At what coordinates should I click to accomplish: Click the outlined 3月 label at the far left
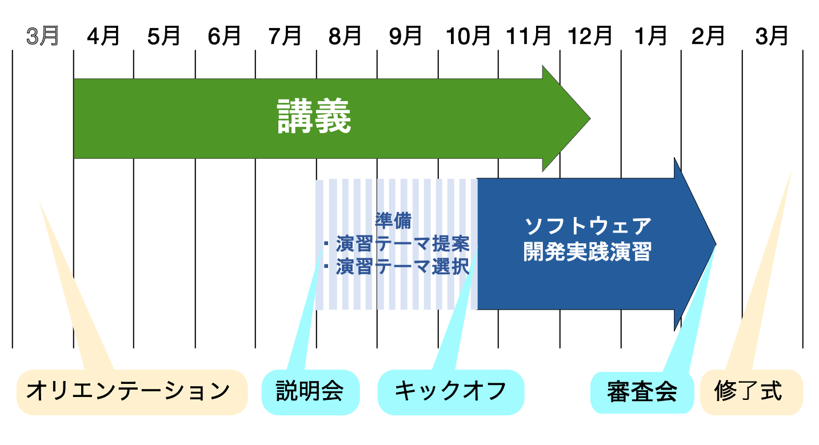click(42, 36)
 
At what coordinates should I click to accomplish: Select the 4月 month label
click(103, 36)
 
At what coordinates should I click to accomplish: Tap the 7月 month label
click(285, 36)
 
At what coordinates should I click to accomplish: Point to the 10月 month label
click(468, 36)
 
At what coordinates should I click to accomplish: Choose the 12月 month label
click(590, 36)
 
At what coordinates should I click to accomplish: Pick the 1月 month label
click(650, 36)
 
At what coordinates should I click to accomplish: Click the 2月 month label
click(708, 36)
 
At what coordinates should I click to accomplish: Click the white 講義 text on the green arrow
click(314, 116)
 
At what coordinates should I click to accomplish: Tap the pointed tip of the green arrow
click(590, 118)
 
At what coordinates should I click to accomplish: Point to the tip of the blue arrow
click(716, 244)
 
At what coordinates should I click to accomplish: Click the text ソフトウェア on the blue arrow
click(588, 226)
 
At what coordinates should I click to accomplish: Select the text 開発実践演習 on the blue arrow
click(588, 251)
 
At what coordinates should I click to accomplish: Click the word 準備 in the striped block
click(393, 221)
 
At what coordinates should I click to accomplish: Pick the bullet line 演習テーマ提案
click(396, 244)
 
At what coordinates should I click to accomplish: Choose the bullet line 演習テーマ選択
click(396, 266)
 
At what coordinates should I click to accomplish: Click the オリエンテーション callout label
click(129, 391)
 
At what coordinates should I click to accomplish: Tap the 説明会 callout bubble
click(310, 392)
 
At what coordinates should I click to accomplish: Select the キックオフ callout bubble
click(451, 392)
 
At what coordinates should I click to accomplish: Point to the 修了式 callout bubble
click(752, 392)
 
